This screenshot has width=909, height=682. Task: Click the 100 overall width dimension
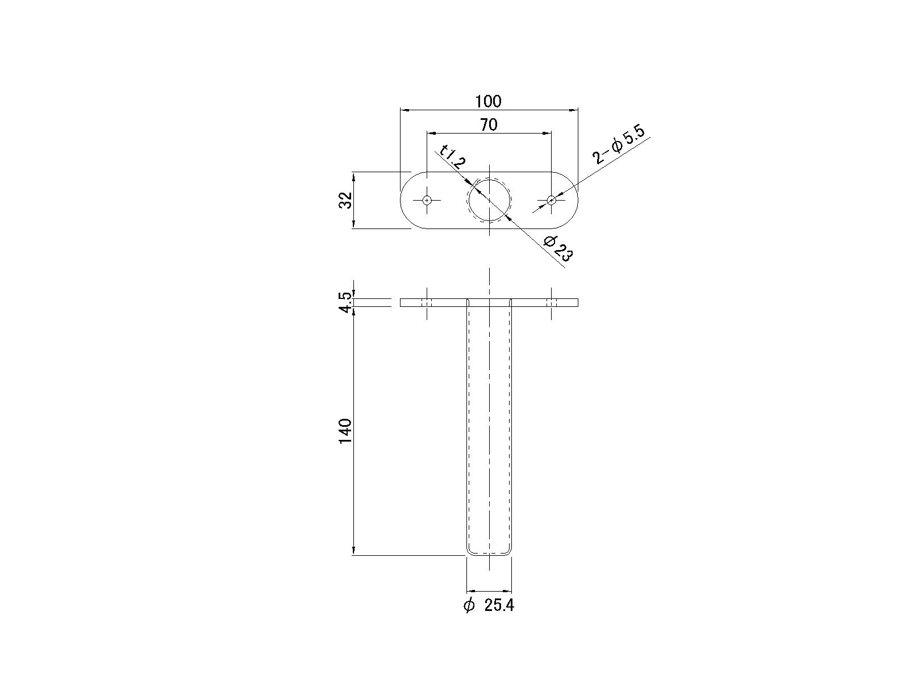pos(488,102)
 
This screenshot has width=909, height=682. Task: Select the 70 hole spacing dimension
pos(489,124)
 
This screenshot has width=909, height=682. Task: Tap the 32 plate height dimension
pos(346,200)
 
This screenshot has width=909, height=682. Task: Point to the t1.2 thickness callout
pos(453,156)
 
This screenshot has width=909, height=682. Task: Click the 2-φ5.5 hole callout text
pos(619,145)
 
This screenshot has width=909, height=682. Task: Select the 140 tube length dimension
pos(345,431)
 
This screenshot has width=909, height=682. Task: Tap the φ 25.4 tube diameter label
pos(489,606)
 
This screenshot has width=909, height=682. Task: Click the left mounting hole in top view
pos(427,200)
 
